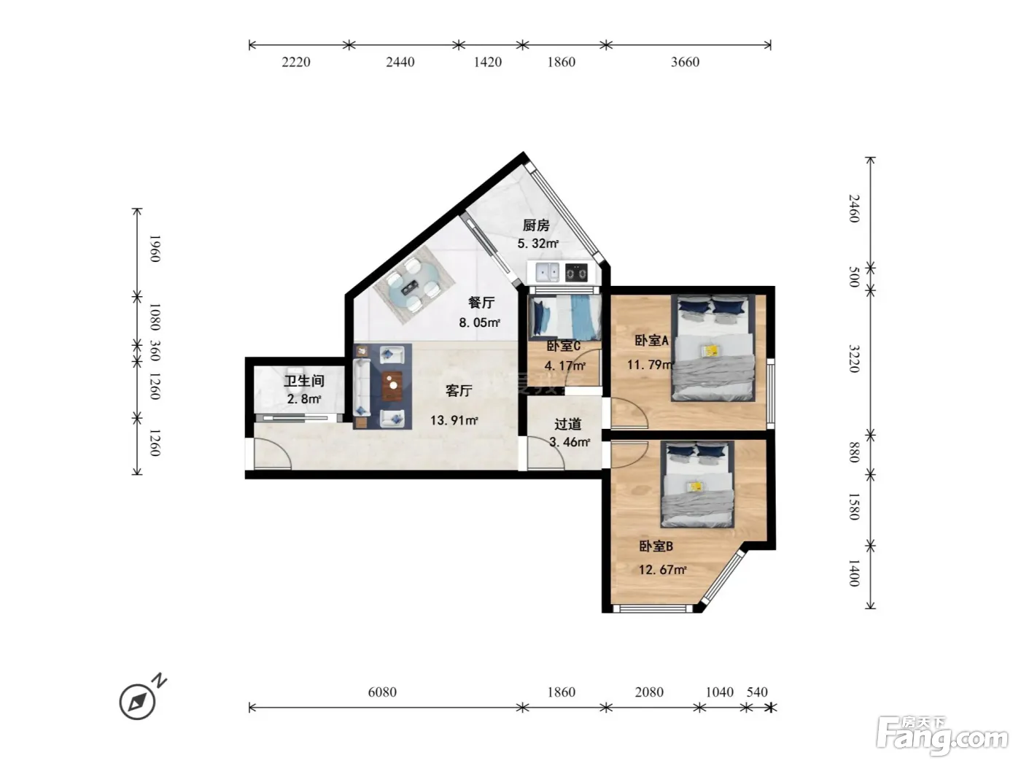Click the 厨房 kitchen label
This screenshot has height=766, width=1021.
tap(536, 225)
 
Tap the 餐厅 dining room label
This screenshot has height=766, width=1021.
tap(481, 303)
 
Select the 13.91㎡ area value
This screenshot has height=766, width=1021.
tap(454, 420)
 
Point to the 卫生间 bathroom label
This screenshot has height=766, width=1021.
tap(304, 381)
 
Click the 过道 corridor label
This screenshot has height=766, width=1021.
tap(567, 424)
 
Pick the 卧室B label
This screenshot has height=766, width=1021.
tap(656, 546)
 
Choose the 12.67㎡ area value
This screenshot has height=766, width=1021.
tap(662, 570)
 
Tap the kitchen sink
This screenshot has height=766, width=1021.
tap(548, 272)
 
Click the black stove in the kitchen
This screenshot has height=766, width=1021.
tap(576, 273)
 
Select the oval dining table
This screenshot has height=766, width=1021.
tap(414, 285)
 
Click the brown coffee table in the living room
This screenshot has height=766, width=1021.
tap(392, 386)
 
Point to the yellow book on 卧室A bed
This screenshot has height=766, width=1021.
tap(711, 351)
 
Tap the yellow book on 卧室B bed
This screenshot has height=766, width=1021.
tap(696, 487)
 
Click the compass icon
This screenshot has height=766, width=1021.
tap(138, 701)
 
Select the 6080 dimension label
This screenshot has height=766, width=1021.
tap(382, 692)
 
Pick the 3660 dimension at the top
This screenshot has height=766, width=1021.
tap(685, 62)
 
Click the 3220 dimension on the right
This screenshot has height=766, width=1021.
tap(855, 359)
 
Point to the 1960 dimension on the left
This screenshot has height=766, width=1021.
tap(155, 249)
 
